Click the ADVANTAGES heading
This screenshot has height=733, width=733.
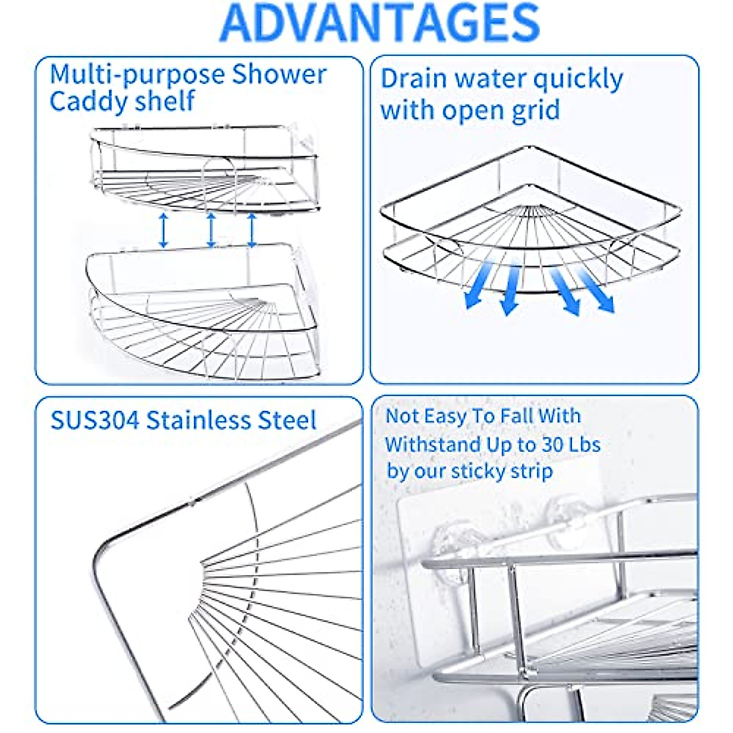click(379, 23)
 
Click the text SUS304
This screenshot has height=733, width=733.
click(95, 421)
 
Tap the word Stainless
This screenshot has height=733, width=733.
click(199, 421)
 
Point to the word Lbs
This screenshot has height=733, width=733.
click(585, 445)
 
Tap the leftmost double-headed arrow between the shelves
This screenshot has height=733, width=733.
click(163, 230)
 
